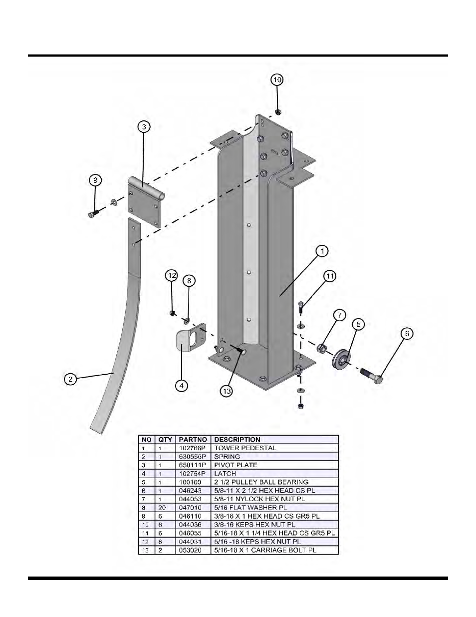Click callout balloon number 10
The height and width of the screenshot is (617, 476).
click(277, 80)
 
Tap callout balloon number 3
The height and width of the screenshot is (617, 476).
click(144, 127)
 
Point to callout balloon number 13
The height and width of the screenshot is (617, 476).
click(227, 391)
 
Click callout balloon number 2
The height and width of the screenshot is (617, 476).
click(71, 379)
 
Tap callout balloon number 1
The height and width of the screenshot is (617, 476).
click(322, 251)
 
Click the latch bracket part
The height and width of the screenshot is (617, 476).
click(188, 339)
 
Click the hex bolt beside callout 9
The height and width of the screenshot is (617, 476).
click(93, 213)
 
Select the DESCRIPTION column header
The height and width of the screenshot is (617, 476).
click(238, 440)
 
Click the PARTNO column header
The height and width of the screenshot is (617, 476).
click(193, 440)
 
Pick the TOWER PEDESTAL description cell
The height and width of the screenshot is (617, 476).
click(245, 448)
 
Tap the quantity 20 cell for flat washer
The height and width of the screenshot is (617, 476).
click(162, 508)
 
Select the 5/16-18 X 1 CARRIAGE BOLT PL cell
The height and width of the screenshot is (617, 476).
click(265, 550)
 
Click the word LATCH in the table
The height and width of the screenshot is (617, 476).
click(225, 474)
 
